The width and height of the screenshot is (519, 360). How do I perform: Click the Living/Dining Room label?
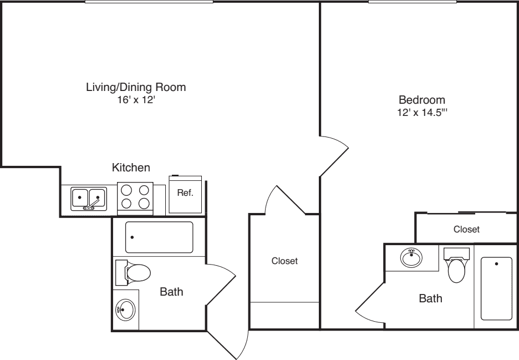135,87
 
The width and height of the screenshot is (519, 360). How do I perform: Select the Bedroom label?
422,100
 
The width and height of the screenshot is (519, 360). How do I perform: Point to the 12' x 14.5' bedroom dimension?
422,113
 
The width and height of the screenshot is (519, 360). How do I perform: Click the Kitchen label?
131,167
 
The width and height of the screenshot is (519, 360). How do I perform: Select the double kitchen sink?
89,197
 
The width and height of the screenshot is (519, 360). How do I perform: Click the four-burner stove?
135,197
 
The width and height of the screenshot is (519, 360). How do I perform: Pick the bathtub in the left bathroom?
159,237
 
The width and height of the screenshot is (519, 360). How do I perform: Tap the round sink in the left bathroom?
125,309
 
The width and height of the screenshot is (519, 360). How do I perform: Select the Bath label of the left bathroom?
171,292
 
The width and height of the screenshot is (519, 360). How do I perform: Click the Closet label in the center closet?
284,261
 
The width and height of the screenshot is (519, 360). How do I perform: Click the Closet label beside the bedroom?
466,229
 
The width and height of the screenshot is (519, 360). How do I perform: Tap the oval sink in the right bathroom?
410,258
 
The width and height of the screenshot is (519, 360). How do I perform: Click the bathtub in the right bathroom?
496,288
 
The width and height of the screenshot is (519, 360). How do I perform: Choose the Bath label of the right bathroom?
430,299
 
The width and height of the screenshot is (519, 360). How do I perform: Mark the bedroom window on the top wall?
413,2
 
